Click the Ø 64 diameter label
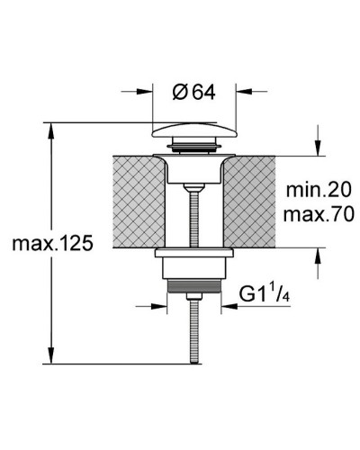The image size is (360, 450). [193, 92]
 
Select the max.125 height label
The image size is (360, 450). [52, 243]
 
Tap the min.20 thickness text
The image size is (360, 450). [319, 190]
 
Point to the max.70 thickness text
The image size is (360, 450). [319, 214]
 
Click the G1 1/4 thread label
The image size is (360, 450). [265, 294]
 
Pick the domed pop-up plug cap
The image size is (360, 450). [194, 130]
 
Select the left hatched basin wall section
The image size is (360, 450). [139, 202]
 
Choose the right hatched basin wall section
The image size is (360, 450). [249, 202]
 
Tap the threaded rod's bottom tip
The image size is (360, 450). [194, 363]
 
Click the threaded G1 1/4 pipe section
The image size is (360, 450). [194, 286]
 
